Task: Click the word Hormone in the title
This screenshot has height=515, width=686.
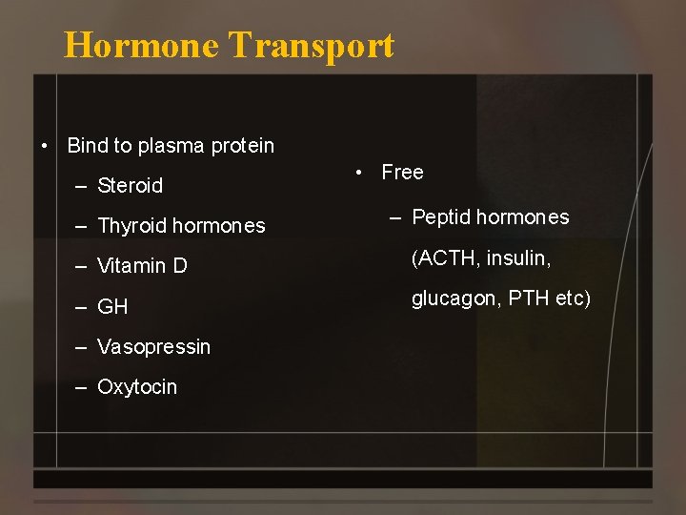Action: click(140, 45)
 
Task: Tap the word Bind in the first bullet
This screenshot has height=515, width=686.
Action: click(88, 146)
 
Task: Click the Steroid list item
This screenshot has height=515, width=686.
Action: click(130, 185)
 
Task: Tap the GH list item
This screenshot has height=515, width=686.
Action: click(112, 307)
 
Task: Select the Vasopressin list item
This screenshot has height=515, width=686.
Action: click(153, 347)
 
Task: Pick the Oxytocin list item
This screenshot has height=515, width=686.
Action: click(137, 387)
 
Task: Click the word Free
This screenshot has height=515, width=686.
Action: click(402, 173)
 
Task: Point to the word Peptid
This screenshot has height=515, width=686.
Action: click(441, 217)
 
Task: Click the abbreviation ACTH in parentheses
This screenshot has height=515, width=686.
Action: click(447, 257)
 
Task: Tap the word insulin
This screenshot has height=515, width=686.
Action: click(520, 257)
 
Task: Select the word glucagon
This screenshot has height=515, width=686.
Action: click(454, 299)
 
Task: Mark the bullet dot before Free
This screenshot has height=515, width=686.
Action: click(358, 173)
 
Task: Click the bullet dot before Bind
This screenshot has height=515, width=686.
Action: click(44, 147)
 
